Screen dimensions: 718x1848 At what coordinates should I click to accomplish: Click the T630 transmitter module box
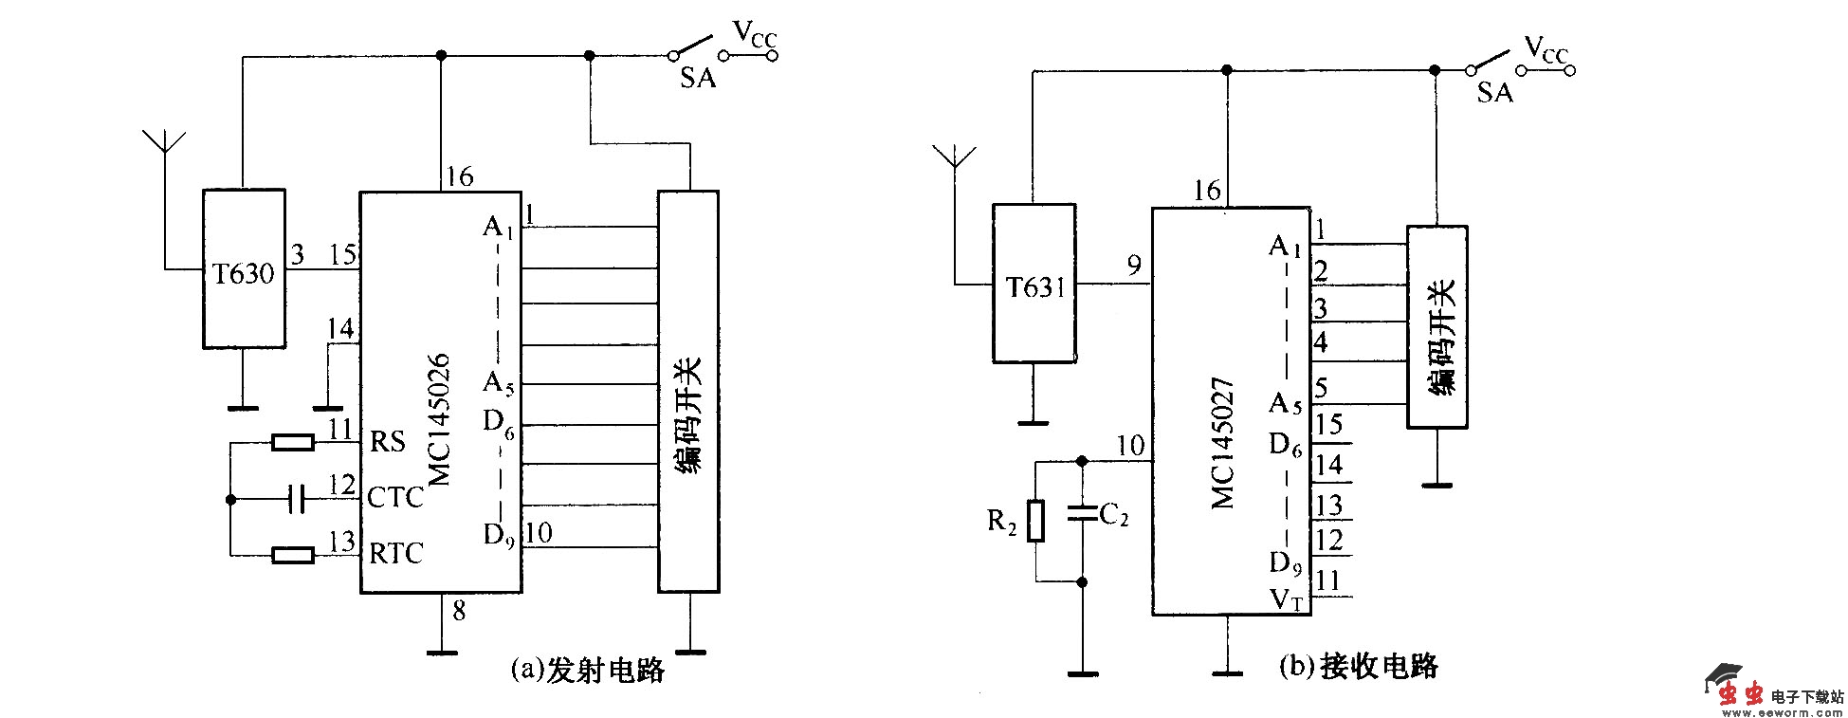(x=244, y=269)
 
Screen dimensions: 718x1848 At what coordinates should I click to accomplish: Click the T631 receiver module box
(x=1034, y=284)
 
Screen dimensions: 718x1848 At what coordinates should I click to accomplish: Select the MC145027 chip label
(x=1224, y=443)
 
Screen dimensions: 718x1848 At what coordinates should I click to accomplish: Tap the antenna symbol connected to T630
(x=164, y=142)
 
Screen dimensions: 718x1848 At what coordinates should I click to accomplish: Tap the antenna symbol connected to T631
(x=954, y=157)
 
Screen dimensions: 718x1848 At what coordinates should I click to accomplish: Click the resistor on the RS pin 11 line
(x=293, y=442)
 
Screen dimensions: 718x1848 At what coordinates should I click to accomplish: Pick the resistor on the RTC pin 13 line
(x=293, y=555)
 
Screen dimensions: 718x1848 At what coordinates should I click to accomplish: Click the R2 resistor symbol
(x=1035, y=521)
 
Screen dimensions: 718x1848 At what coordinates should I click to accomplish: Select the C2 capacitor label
(x=1114, y=516)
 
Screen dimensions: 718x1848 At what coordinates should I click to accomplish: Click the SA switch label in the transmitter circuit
(x=698, y=78)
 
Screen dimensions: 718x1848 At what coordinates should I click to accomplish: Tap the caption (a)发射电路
(x=587, y=670)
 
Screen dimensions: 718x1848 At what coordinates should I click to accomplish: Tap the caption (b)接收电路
(x=1358, y=666)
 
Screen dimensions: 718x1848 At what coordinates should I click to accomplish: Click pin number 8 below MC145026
(x=459, y=612)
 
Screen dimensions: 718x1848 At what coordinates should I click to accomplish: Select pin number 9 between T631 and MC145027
(x=1134, y=266)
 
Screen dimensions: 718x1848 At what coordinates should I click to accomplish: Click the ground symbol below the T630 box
(x=243, y=408)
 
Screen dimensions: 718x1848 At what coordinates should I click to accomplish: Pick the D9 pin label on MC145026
(x=499, y=536)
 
